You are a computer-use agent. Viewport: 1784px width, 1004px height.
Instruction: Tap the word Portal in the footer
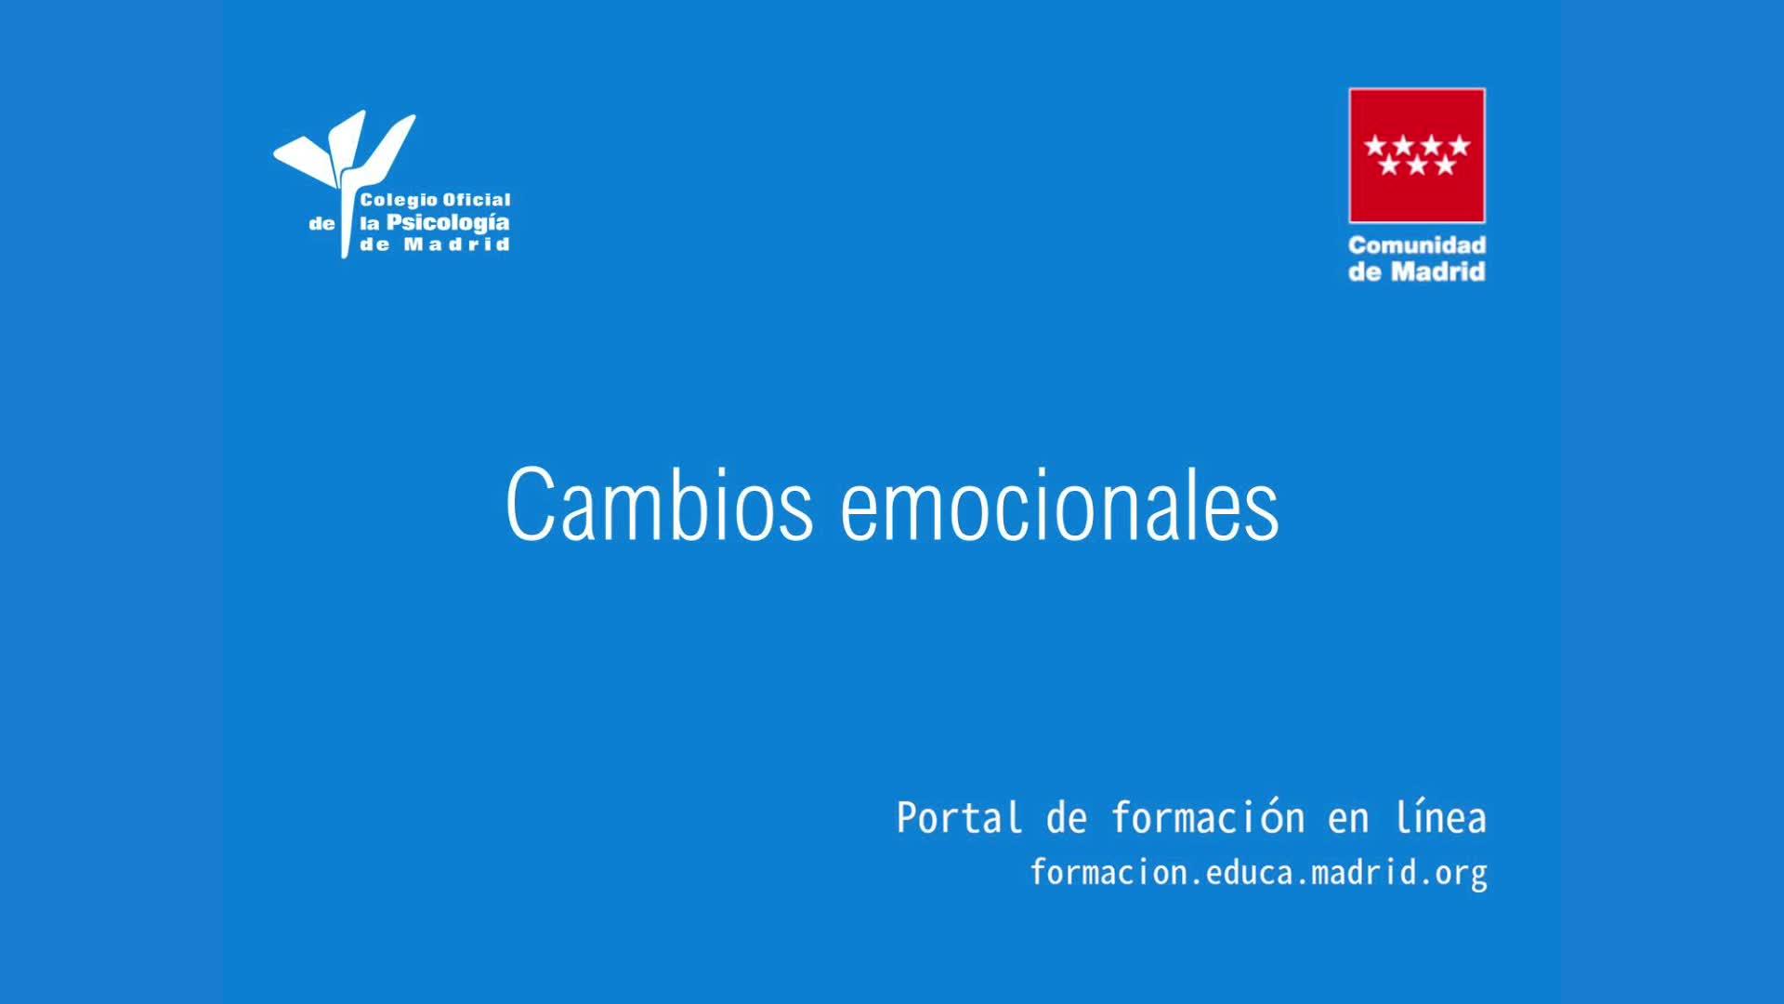(x=959, y=818)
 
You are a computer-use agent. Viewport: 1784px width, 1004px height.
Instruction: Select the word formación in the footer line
(x=1208, y=818)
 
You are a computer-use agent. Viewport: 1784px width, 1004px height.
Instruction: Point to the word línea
(x=1441, y=818)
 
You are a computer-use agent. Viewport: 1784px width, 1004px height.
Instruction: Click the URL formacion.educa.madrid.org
(x=1259, y=873)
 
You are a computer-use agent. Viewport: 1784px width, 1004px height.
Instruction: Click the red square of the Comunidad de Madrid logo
(x=1417, y=155)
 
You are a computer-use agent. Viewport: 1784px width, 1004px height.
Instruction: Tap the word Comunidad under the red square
(x=1417, y=245)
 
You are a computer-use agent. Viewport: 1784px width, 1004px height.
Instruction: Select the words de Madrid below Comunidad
(x=1417, y=271)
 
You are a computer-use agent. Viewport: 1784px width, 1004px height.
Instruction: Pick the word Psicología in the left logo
(x=448, y=224)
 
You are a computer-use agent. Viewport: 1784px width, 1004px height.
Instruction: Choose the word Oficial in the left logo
(x=478, y=199)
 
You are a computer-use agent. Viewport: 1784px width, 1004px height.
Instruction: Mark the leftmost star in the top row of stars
(x=1374, y=145)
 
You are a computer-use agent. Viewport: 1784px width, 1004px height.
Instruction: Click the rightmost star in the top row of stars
(x=1460, y=145)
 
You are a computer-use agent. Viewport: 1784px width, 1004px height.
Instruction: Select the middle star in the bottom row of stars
(x=1417, y=165)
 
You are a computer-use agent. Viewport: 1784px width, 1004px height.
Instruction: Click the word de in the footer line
(x=1067, y=818)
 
